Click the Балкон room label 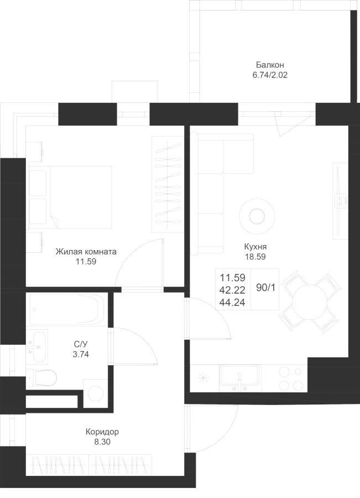[270, 65]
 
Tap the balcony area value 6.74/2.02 [270, 75]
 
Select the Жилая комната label [86, 252]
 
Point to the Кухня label [255, 247]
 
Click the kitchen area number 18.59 [255, 257]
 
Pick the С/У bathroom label [81, 344]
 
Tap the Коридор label [102, 432]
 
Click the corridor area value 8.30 [102, 442]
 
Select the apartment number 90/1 [265, 288]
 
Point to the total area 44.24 [232, 302]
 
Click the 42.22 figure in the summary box [232, 290]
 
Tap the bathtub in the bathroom [67, 309]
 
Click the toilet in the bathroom [42, 377]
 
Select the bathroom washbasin [38, 347]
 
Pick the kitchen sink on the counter [239, 378]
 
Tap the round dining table [310, 302]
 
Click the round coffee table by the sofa [257, 216]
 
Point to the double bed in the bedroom [70, 197]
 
